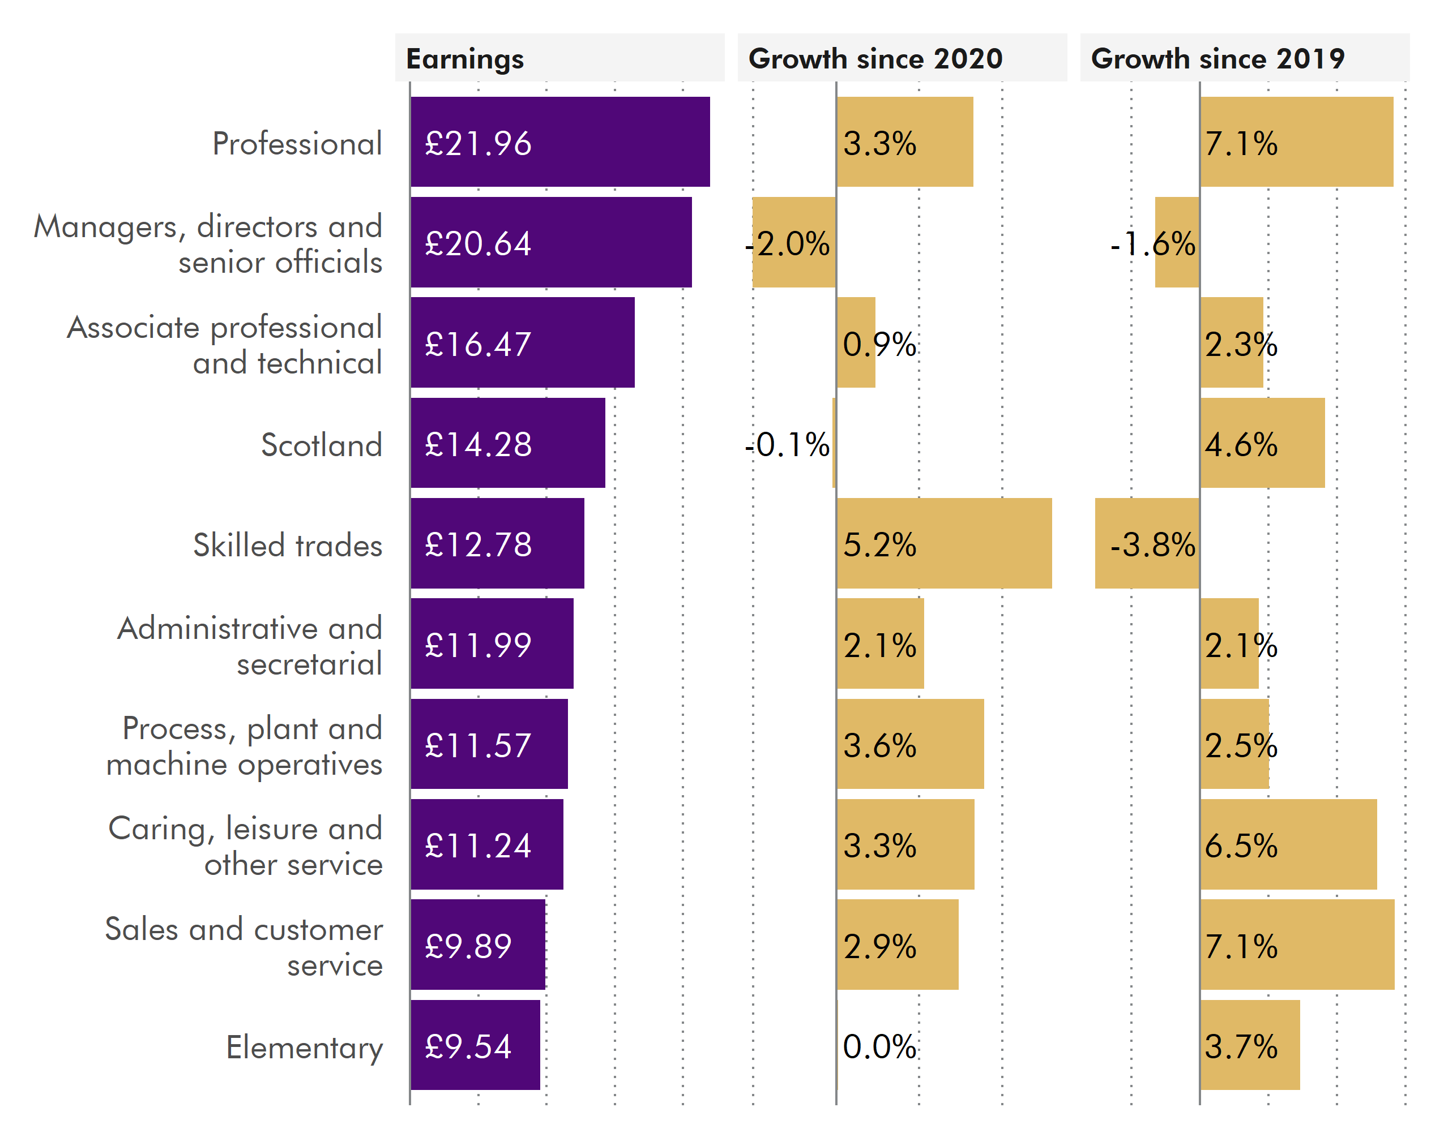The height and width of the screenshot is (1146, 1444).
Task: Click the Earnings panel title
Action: tap(465, 59)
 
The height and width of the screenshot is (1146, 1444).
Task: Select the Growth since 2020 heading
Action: tap(875, 59)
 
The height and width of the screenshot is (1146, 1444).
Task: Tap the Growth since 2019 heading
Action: tap(1217, 59)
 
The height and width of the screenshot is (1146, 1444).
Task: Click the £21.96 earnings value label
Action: tap(478, 143)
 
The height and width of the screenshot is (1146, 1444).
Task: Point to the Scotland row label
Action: tap(322, 444)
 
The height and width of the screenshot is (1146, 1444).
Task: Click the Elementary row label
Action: tap(304, 1047)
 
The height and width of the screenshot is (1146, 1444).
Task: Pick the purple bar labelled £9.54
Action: tap(475, 1045)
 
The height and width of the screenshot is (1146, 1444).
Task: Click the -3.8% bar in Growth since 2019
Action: tap(1146, 543)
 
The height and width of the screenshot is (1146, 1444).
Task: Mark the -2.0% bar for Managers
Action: tap(794, 242)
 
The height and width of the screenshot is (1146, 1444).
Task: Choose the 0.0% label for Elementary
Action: tap(879, 1046)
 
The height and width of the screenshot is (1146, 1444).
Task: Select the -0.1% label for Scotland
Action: tap(787, 444)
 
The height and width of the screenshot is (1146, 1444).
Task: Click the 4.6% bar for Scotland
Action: tap(1262, 443)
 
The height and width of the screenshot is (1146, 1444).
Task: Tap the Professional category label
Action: tap(297, 143)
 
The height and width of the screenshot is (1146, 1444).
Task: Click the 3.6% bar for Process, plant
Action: tap(909, 744)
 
